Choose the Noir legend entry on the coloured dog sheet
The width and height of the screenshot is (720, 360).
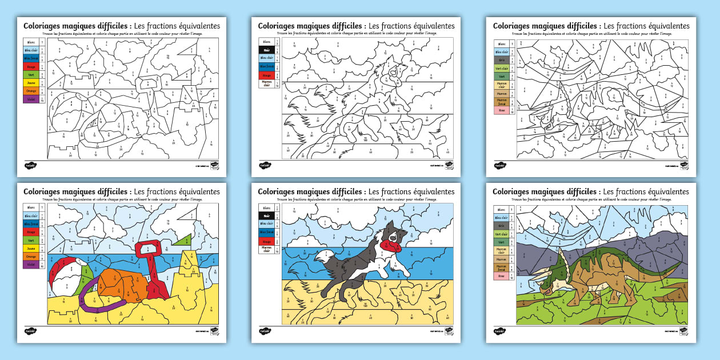266,215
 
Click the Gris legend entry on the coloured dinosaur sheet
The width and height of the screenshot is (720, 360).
501,226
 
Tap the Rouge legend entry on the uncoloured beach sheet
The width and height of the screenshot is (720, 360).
31,66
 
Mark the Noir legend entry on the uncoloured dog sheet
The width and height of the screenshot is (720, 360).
266,50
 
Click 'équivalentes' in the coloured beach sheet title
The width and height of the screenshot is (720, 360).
199,191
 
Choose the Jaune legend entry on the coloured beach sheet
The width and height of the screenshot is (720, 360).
31,248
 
